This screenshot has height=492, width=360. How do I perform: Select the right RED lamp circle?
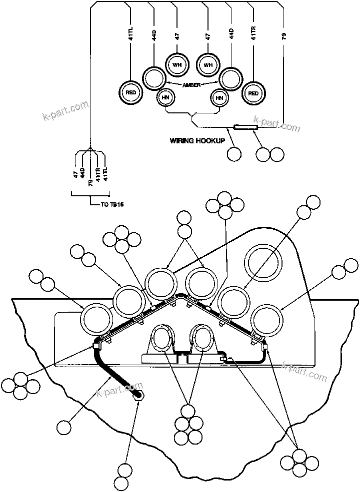253,93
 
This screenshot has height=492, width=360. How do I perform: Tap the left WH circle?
176,65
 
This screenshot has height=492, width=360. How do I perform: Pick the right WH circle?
208,65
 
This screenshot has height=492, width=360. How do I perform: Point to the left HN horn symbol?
165,98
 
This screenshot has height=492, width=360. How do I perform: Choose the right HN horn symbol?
219,98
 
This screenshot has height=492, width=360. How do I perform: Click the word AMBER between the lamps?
191,85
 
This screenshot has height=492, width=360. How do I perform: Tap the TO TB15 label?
109,204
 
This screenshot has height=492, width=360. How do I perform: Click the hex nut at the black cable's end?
138,395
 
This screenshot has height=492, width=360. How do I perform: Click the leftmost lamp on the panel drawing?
96,320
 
